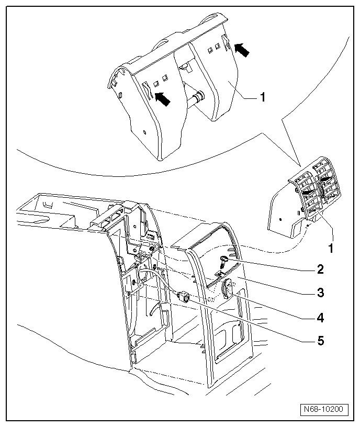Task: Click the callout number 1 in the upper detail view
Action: (263, 97)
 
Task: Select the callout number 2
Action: (319, 270)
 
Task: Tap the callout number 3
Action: (319, 293)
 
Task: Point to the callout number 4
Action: (319, 317)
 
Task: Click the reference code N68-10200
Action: (324, 409)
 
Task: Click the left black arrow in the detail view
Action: (163, 98)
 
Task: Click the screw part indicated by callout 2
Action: (223, 259)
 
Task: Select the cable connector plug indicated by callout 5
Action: (184, 297)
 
